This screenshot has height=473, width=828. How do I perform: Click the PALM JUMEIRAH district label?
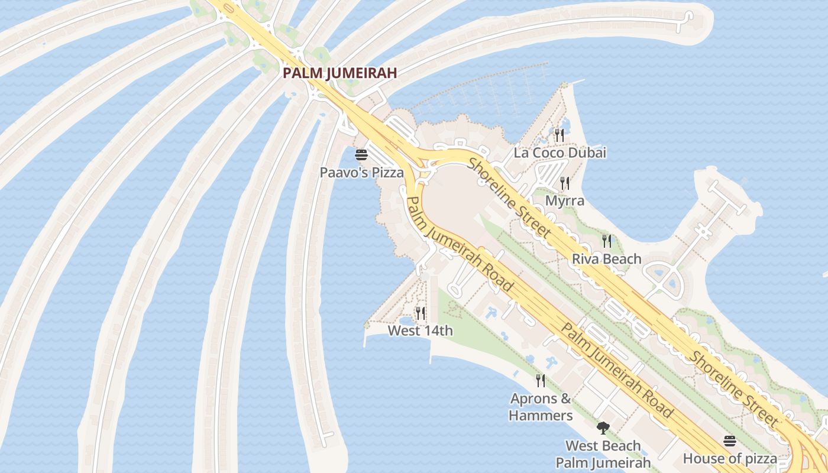pyautogui.click(x=339, y=73)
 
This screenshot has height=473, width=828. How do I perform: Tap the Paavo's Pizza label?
pyautogui.click(x=361, y=173)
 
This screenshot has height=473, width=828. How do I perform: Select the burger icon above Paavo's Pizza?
pyautogui.click(x=361, y=155)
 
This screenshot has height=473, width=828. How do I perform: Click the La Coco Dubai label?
pyautogui.click(x=559, y=153)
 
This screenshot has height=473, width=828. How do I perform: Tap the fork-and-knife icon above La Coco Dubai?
pyautogui.click(x=559, y=135)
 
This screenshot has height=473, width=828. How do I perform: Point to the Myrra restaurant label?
pyautogui.click(x=564, y=200)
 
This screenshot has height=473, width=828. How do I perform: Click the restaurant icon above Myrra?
pyautogui.click(x=565, y=183)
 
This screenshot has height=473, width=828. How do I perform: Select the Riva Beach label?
pyautogui.click(x=606, y=258)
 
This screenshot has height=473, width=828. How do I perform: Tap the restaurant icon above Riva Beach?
pyautogui.click(x=606, y=241)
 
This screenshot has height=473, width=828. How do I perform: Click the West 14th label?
pyautogui.click(x=420, y=331)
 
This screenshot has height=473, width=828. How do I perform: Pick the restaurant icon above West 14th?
pyautogui.click(x=420, y=313)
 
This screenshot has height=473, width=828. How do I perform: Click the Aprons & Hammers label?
pyautogui.click(x=541, y=407)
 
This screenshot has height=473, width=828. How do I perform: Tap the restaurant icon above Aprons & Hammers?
pyautogui.click(x=541, y=381)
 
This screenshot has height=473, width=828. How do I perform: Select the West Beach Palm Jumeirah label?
pyautogui.click(x=603, y=453)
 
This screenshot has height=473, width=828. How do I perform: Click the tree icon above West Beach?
pyautogui.click(x=603, y=427)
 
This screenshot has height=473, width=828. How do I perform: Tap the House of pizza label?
pyautogui.click(x=730, y=458)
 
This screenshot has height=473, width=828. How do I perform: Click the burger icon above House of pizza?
pyautogui.click(x=730, y=441)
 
